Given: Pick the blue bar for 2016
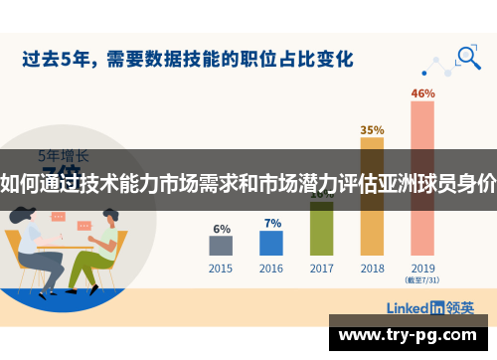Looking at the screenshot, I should [x=271, y=244].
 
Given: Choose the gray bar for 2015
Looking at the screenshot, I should [x=222, y=246].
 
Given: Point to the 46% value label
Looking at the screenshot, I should [x=422, y=93].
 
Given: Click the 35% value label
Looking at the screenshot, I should [x=372, y=130].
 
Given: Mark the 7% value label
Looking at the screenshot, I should [x=271, y=223].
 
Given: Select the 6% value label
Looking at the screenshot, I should [x=222, y=228].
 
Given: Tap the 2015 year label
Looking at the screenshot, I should [x=222, y=269].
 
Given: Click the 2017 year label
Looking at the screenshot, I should [x=321, y=269].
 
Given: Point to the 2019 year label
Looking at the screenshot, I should [x=422, y=269].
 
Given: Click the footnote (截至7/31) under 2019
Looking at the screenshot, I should [x=422, y=280].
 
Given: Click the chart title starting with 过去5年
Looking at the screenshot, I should [x=189, y=58].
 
